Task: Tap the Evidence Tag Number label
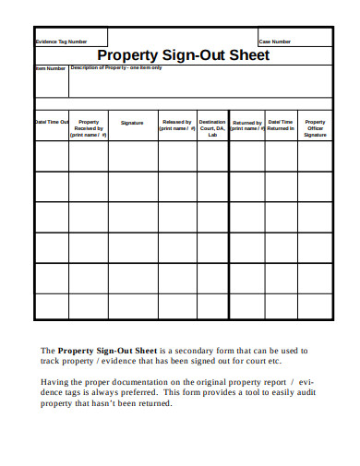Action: click(61, 42)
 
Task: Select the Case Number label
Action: click(275, 42)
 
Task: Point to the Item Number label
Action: click(51, 67)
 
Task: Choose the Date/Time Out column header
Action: click(52, 122)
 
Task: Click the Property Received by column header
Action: click(89, 128)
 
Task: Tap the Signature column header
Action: click(132, 123)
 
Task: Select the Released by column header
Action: click(176, 125)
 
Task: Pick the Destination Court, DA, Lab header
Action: click(212, 128)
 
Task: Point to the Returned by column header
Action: click(246, 125)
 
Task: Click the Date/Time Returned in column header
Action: click(281, 125)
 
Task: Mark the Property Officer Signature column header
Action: click(315, 128)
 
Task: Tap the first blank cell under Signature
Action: click(132, 157)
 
